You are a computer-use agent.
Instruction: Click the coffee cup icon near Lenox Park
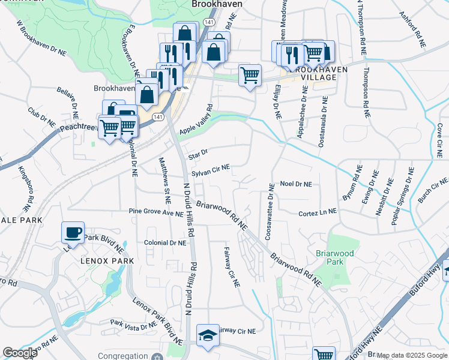(73, 232)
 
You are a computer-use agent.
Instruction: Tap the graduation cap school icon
(208, 335)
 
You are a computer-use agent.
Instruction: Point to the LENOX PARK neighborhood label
(107, 261)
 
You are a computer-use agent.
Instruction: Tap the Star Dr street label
(198, 154)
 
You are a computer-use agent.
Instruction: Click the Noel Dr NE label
(296, 184)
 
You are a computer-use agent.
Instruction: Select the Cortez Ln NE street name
(318, 212)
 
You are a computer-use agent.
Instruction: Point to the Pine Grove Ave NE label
(156, 212)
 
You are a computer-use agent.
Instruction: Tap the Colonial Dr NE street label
(165, 243)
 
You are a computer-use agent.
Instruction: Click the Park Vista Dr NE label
(133, 324)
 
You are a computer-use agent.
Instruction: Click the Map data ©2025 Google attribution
(412, 355)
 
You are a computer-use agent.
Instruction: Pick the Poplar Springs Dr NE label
(403, 197)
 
